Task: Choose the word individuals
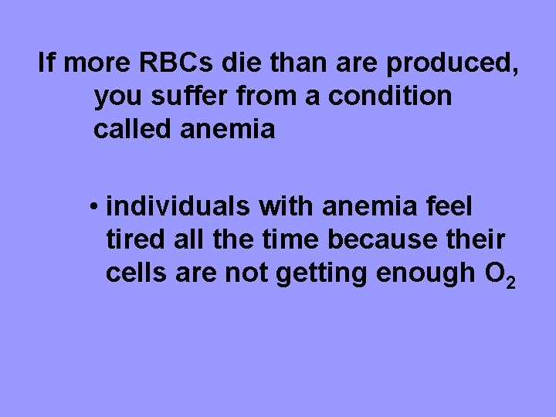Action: (177, 206)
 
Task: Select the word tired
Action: (133, 239)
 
